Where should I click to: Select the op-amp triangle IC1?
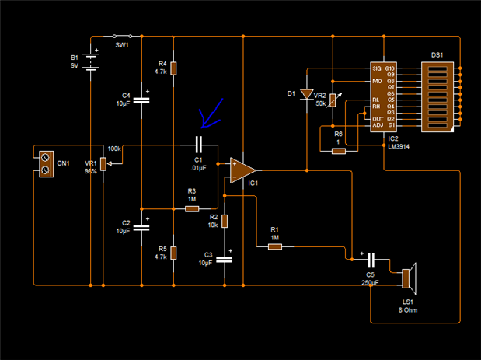243,170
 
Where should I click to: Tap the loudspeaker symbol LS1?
409,278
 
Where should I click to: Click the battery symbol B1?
92,61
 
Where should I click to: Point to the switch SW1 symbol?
123,36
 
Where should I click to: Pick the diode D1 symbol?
307,94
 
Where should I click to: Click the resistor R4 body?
173,68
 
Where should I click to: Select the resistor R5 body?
173,252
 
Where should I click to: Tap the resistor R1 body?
274,246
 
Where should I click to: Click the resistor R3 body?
191,208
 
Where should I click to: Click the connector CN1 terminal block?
46,160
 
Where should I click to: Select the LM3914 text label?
397,145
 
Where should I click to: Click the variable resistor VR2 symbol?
332,100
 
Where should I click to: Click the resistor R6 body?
338,150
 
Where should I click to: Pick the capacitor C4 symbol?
141,99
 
